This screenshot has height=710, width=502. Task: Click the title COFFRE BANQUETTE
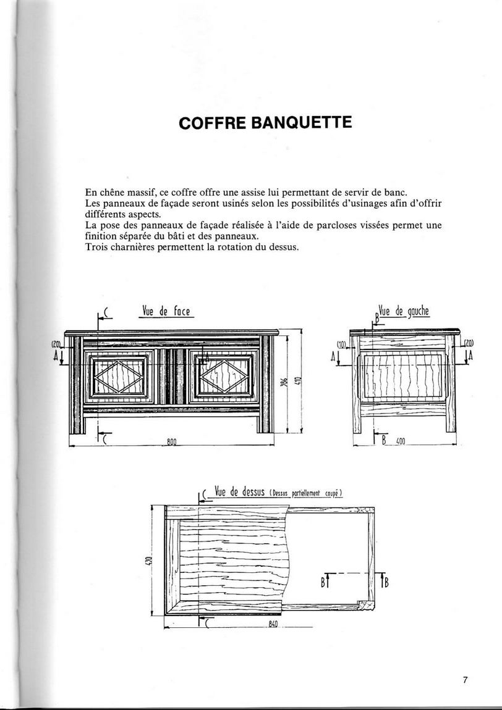click(265, 122)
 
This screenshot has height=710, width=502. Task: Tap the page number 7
click(465, 680)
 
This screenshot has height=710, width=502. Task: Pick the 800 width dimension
click(172, 441)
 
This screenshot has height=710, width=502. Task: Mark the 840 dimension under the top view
click(273, 624)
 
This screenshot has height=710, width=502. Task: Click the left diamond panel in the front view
click(119, 376)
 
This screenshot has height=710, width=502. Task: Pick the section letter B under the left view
click(384, 441)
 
